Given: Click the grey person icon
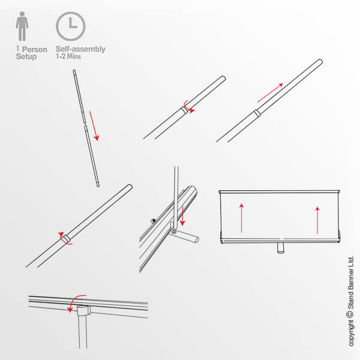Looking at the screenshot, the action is [x=22, y=26].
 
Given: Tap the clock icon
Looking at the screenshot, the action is [x=71, y=26].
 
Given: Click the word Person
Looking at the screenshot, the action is [x=35, y=50].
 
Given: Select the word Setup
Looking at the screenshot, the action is [x=26, y=56].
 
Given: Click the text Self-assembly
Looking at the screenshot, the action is [x=80, y=49].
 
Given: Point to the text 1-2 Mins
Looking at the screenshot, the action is [x=68, y=56].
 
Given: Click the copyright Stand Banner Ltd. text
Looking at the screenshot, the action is [x=350, y=301].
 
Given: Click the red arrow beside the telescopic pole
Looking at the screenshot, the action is [x=94, y=126].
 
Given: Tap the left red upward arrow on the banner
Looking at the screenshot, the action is [x=241, y=218].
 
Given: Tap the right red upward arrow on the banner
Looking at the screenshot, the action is [x=317, y=220].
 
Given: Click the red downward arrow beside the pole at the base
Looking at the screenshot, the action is [x=182, y=216].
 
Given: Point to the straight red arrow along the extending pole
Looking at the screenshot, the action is [x=270, y=93].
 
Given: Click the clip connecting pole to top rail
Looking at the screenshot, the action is [x=83, y=310].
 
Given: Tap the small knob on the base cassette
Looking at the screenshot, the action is [x=153, y=221].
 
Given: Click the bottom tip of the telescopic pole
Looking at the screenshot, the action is [x=98, y=185].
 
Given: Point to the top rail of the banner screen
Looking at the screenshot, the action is [x=279, y=191].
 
